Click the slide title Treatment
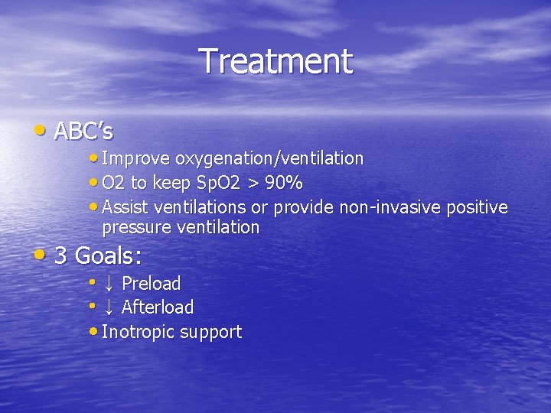pos(275,61)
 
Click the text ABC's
pos(84,132)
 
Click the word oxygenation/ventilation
pos(269,158)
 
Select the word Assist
pos(125,207)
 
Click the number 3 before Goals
pos(61,255)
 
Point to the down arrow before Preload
pos(109,284)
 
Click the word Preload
pos(152,284)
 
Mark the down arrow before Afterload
pos(109,307)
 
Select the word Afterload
pos(158,307)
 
